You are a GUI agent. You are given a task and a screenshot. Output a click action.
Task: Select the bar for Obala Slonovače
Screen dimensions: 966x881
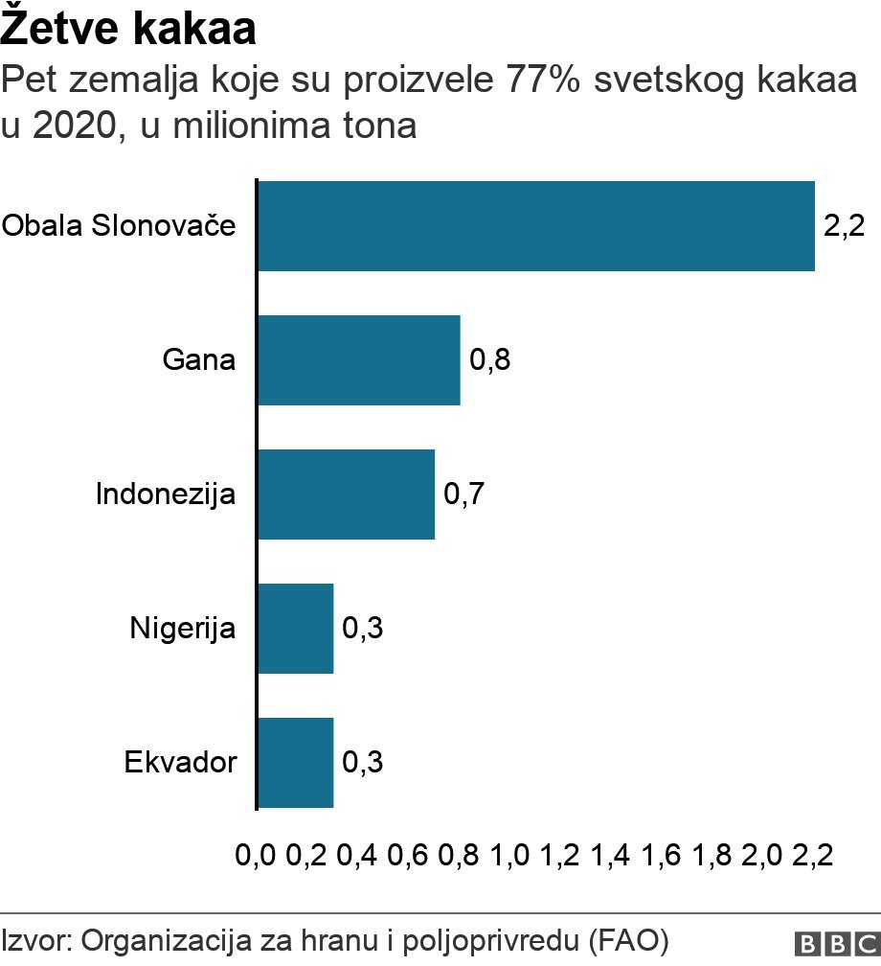(x=536, y=226)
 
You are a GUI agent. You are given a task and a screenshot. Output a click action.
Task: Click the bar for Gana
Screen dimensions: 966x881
(x=359, y=360)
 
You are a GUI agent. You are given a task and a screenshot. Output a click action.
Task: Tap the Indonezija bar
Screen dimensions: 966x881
(x=346, y=494)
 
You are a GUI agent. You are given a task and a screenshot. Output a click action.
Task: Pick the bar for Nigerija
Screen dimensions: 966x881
(x=296, y=629)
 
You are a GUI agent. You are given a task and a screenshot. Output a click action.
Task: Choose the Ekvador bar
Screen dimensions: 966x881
(x=296, y=763)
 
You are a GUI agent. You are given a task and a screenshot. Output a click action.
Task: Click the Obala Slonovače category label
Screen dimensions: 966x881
(x=119, y=227)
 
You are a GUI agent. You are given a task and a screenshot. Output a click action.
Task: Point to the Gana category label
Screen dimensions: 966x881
(x=199, y=361)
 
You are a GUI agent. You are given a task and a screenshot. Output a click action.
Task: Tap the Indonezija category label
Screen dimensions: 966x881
(x=166, y=495)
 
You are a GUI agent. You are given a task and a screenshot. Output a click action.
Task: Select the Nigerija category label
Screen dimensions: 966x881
(x=183, y=630)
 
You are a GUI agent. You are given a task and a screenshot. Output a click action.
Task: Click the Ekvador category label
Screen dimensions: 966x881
(x=180, y=764)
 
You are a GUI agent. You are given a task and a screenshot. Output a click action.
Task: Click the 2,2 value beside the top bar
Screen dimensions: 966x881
(x=844, y=227)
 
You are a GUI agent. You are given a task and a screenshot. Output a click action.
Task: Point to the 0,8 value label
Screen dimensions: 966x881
(x=489, y=361)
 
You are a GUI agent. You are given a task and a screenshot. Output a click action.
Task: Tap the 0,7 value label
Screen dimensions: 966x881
(x=463, y=495)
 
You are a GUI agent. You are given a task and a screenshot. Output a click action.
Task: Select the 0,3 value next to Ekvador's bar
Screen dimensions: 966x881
(x=362, y=764)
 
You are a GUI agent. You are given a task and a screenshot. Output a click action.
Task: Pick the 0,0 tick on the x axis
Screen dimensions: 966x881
(x=256, y=855)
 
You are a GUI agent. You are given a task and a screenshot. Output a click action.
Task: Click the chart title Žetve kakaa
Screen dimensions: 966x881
(x=128, y=31)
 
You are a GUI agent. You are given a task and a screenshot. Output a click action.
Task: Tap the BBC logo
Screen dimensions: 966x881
(x=835, y=942)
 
